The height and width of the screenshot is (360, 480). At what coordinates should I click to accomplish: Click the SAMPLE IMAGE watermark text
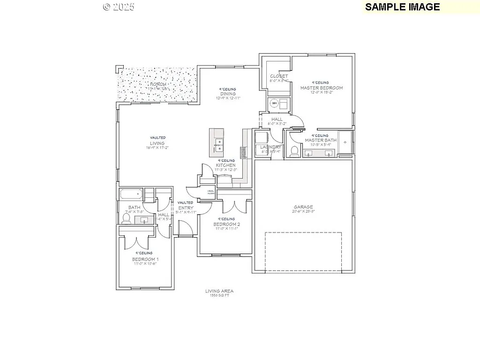click(x=402, y=7)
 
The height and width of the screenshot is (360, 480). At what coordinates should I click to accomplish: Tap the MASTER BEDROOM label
click(x=322, y=88)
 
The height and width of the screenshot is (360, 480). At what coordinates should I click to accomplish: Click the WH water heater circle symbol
click(x=275, y=103)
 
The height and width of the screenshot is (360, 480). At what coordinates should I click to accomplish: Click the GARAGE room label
click(x=303, y=207)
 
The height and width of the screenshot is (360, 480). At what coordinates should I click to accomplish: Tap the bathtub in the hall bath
click(x=131, y=194)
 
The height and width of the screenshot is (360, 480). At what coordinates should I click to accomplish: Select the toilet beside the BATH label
click(x=127, y=217)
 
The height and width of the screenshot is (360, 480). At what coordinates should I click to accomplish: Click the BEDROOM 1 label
click(x=145, y=259)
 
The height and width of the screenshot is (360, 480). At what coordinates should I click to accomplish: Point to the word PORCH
click(x=158, y=84)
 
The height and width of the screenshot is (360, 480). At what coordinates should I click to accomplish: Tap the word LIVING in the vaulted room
click(x=157, y=143)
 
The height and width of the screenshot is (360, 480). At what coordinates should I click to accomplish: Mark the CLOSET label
click(x=279, y=76)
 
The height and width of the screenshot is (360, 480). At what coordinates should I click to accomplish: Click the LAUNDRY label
click(x=270, y=147)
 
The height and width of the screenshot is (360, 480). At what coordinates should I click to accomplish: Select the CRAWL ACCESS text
click(x=207, y=191)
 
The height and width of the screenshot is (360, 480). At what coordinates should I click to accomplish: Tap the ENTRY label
click(x=186, y=208)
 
